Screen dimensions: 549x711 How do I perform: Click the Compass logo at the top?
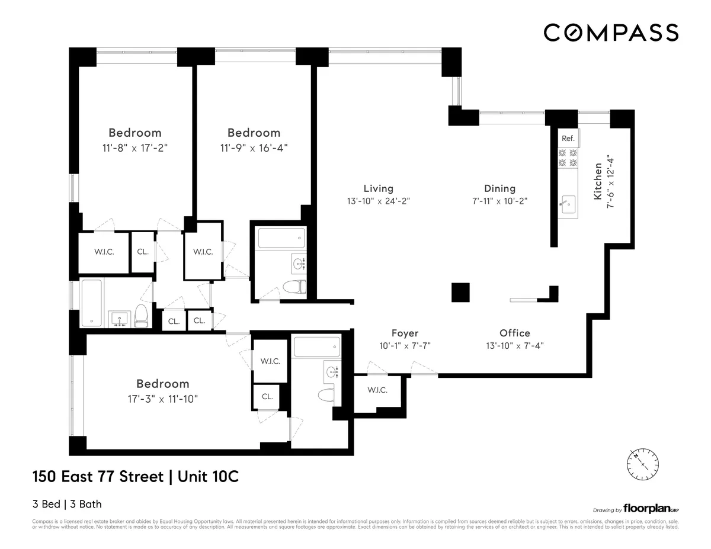(611, 32)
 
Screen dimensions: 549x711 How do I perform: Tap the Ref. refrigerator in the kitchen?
(568, 139)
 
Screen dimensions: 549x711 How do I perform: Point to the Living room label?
(378, 188)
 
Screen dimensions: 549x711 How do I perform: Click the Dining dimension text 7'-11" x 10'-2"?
(499, 201)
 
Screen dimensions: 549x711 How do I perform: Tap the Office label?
(514, 333)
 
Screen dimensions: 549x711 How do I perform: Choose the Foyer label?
(405, 333)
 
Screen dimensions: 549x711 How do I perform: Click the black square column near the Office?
(460, 292)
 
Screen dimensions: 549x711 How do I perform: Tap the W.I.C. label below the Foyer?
(377, 390)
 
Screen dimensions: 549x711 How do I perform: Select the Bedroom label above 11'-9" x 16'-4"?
(254, 133)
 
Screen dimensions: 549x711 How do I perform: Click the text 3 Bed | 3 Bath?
(66, 504)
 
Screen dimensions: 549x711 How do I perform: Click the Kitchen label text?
(598, 181)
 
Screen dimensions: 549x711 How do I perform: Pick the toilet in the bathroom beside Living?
(294, 287)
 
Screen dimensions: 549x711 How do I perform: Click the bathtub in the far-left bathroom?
(92, 303)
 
